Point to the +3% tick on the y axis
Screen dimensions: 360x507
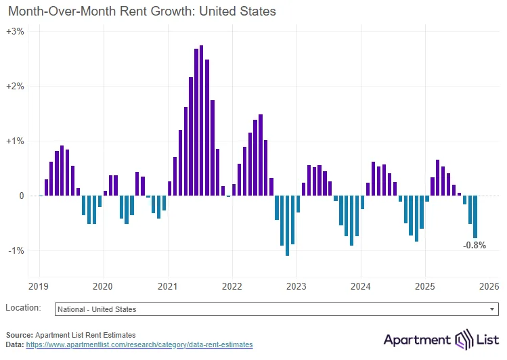(16, 32)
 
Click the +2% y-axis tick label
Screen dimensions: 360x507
(16, 87)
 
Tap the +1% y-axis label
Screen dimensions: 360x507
(16, 141)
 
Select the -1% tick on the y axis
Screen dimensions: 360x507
(16, 250)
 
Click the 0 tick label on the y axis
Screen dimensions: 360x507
(21, 196)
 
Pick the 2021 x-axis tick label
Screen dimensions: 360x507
(167, 286)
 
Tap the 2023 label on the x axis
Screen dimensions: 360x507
(296, 286)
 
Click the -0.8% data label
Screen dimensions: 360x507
(474, 245)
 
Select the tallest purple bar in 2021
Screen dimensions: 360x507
(202, 120)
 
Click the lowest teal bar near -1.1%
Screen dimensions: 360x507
(288, 225)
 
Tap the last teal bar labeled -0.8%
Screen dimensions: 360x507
(475, 217)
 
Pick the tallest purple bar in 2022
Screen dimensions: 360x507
(261, 155)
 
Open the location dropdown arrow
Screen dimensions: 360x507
(492, 309)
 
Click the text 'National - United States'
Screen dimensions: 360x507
(97, 309)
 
